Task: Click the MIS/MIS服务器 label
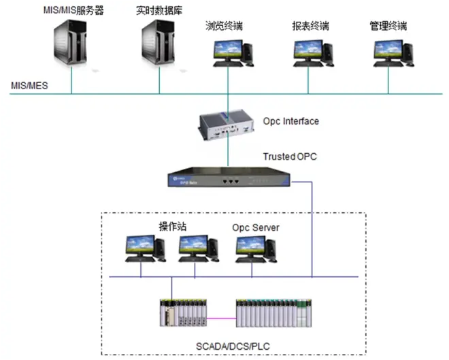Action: pyautogui.click(x=73, y=11)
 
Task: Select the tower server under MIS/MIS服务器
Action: pyautogui.click(x=71, y=42)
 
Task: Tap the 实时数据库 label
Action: pyautogui.click(x=159, y=11)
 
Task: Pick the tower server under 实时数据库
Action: pyautogui.click(x=159, y=42)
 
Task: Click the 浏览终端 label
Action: pyautogui.click(x=224, y=26)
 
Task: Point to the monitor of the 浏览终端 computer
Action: pyautogui.click(x=228, y=50)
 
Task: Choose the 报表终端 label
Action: pyautogui.click(x=310, y=26)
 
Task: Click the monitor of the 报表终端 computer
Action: pyautogui.click(x=308, y=50)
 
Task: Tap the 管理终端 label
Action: pyautogui.click(x=388, y=26)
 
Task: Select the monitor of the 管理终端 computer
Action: pyautogui.click(x=388, y=50)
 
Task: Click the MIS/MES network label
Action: pyautogui.click(x=29, y=86)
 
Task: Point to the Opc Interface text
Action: pyautogui.click(x=291, y=121)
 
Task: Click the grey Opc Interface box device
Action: pyautogui.click(x=227, y=125)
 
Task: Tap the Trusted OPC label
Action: pyautogui.click(x=290, y=157)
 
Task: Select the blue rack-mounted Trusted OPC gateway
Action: pyautogui.click(x=229, y=177)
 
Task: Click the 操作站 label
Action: pyautogui.click(x=173, y=227)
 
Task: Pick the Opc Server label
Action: pyautogui.click(x=256, y=228)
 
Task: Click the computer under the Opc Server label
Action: pyautogui.click(x=256, y=249)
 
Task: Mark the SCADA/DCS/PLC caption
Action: pyautogui.click(x=233, y=346)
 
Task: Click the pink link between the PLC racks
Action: pyautogui.click(x=221, y=318)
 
